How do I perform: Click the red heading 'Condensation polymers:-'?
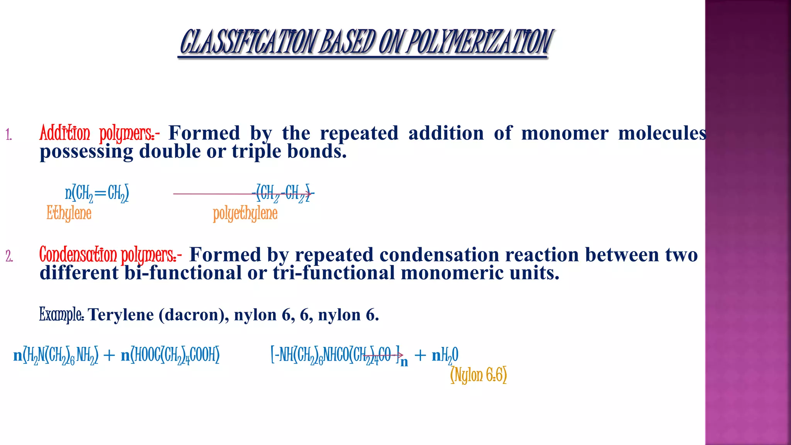tap(110, 255)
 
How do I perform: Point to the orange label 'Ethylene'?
tap(69, 213)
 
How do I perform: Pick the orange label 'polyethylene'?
tap(245, 214)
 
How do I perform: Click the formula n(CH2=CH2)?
tap(97, 193)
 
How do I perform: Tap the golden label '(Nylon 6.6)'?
tap(479, 375)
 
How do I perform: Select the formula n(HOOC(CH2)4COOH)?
tap(170, 355)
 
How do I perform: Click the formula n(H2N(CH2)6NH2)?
tap(56, 355)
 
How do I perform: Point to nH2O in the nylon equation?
tap(445, 355)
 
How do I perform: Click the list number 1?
tap(9, 135)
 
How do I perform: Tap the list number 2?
tap(9, 256)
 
